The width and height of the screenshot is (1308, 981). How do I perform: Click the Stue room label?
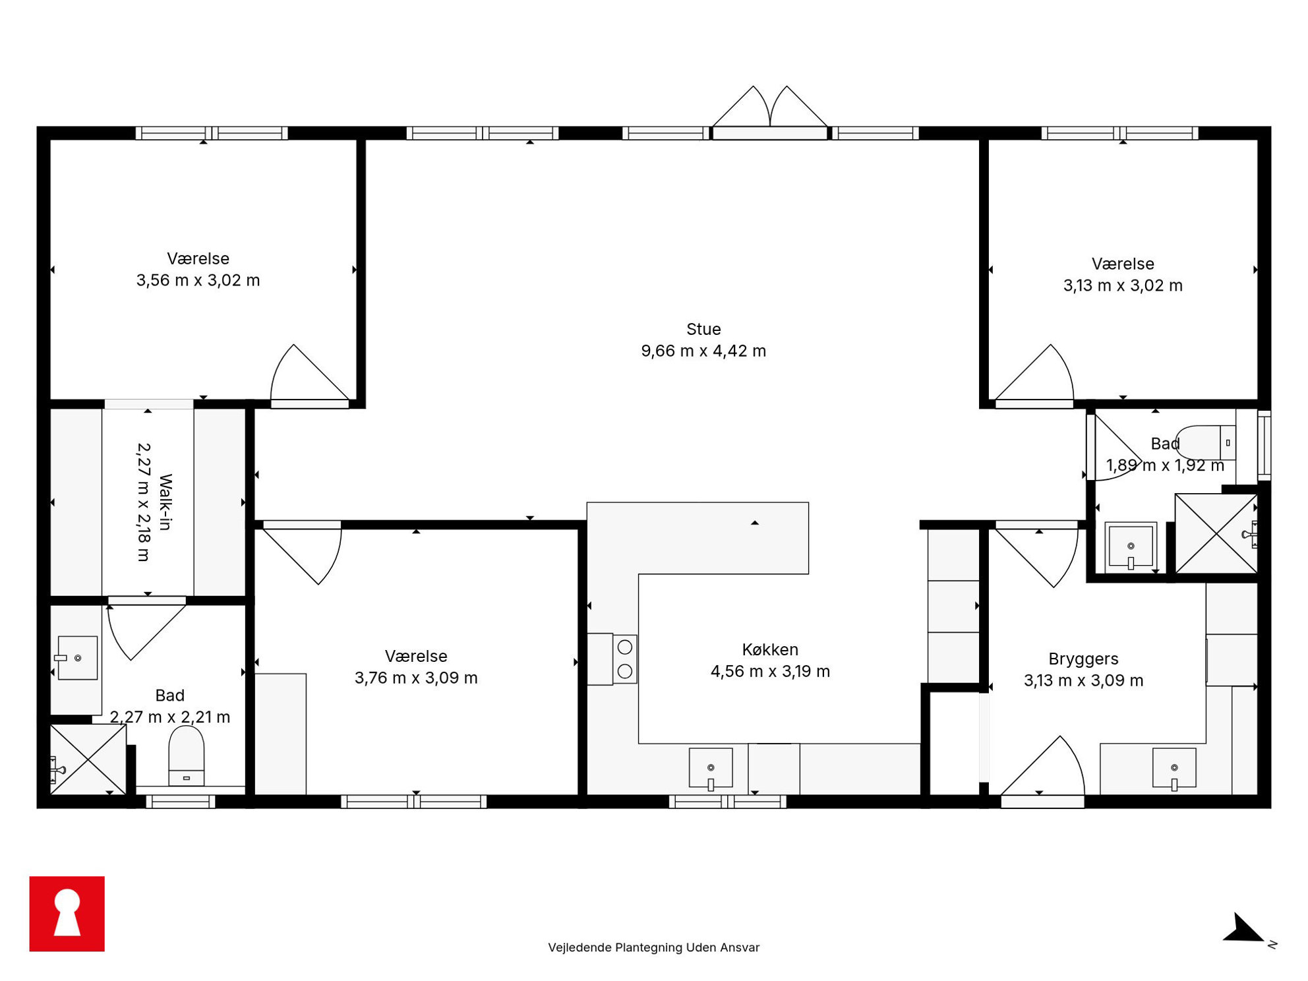click(703, 329)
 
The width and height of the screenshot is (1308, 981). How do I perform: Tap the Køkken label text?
click(770, 649)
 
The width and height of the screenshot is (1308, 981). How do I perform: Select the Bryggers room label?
click(1083, 659)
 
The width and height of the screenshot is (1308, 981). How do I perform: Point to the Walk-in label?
click(165, 502)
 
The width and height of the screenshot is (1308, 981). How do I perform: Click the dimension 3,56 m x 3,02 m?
click(198, 280)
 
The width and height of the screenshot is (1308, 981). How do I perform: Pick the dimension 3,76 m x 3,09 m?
click(416, 678)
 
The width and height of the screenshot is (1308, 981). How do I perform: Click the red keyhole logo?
click(67, 914)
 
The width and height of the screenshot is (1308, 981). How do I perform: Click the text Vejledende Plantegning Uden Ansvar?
click(653, 947)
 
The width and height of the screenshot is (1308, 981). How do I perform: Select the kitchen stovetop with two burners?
click(624, 659)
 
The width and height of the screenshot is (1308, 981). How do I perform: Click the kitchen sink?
click(711, 769)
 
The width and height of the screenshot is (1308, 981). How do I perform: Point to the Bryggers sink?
click(1174, 769)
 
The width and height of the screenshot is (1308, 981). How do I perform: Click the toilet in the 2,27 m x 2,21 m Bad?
click(187, 756)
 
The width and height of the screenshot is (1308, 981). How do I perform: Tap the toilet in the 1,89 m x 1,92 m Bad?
click(1205, 442)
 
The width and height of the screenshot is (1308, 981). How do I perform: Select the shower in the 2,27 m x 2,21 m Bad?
click(88, 759)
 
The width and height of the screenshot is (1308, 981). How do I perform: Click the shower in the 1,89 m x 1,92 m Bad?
click(1216, 533)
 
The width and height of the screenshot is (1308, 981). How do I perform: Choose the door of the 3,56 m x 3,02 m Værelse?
click(310, 373)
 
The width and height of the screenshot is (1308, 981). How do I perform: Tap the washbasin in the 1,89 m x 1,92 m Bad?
click(1131, 546)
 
